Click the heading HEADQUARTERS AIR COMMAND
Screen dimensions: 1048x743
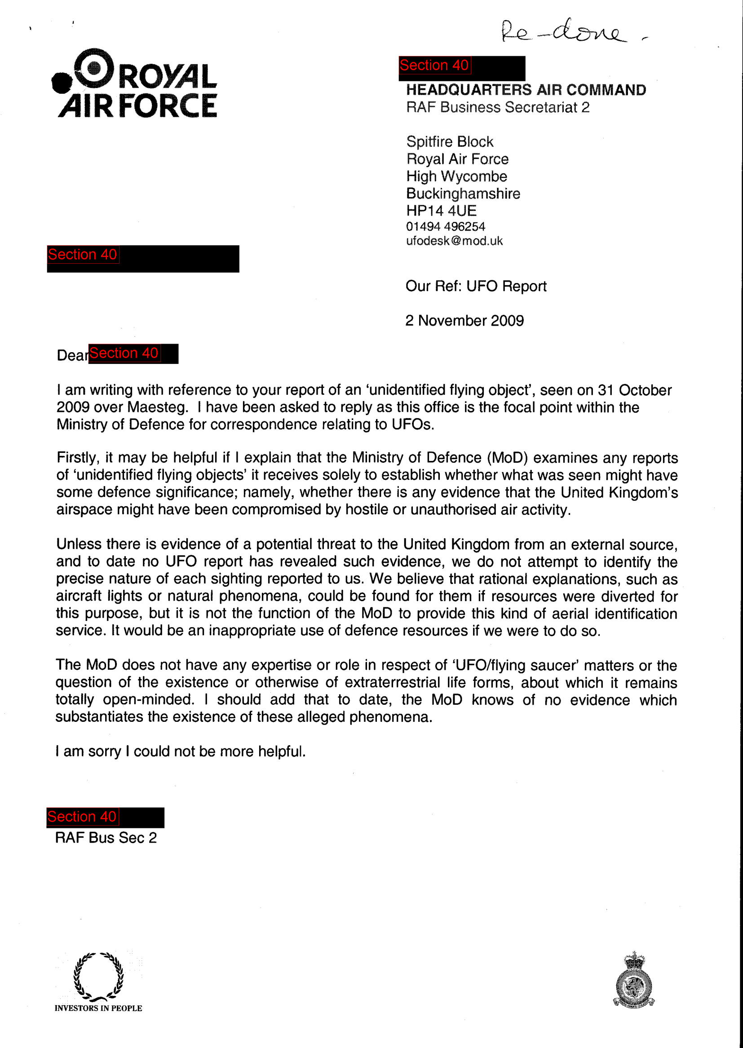526,90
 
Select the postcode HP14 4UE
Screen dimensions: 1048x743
441,210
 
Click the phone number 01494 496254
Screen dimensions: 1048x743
445,226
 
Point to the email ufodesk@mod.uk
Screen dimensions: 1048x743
454,241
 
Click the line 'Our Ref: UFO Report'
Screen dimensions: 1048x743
476,286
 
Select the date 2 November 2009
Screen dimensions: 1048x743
464,321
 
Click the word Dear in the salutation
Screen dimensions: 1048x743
72,355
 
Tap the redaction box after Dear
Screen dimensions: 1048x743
133,354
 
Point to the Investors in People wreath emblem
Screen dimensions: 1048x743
98,977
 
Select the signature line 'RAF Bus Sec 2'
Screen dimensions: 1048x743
106,838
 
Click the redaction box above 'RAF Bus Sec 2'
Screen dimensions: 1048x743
105,817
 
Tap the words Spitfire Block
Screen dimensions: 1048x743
450,142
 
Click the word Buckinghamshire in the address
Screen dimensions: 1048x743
463,194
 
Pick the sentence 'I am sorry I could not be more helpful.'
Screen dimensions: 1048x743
180,751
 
